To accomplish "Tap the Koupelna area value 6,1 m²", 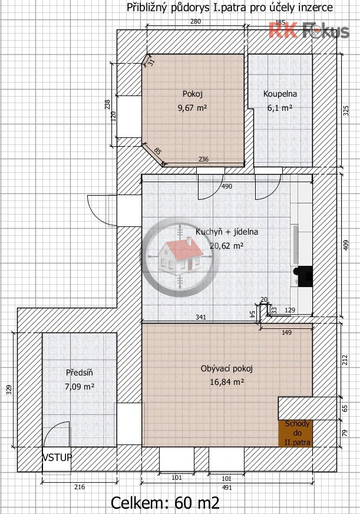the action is [280, 107].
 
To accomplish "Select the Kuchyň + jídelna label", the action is [227, 232].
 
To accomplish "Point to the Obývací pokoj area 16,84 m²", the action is [227, 382].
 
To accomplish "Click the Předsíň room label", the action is [80, 373].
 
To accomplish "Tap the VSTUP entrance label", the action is [57, 457].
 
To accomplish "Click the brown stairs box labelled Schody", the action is [295, 433].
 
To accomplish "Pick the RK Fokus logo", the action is [309, 31].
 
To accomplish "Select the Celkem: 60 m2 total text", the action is [165, 502].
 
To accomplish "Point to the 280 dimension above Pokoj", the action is [196, 22].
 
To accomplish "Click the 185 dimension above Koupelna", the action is [280, 22].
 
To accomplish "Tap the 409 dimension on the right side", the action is [346, 246].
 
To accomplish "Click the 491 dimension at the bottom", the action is [227, 487].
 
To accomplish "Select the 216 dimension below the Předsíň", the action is [80, 487].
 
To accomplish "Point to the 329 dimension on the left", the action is [9, 390].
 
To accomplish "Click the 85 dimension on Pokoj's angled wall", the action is [157, 151].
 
